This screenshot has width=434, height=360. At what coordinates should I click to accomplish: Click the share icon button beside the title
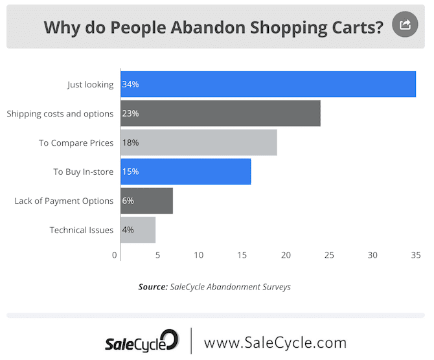tap(405, 25)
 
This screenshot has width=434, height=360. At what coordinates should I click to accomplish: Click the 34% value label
tap(130, 84)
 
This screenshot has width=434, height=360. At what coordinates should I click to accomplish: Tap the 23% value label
tap(130, 113)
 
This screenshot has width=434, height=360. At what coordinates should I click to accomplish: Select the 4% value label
tap(128, 230)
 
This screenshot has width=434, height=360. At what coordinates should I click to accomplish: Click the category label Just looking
tap(90, 84)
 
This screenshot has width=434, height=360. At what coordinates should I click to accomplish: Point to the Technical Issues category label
tap(82, 230)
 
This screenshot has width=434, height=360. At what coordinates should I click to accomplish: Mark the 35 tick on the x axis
tap(416, 255)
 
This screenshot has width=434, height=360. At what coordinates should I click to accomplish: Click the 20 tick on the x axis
tap(286, 255)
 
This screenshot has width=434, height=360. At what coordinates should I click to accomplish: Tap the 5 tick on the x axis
tap(157, 255)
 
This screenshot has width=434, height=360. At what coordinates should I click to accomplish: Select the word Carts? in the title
tap(356, 28)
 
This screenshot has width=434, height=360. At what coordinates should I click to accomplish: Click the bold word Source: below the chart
tap(153, 286)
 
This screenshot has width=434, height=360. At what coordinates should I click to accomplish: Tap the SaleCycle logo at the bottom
tap(141, 341)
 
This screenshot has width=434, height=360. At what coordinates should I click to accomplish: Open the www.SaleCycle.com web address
tap(275, 342)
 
